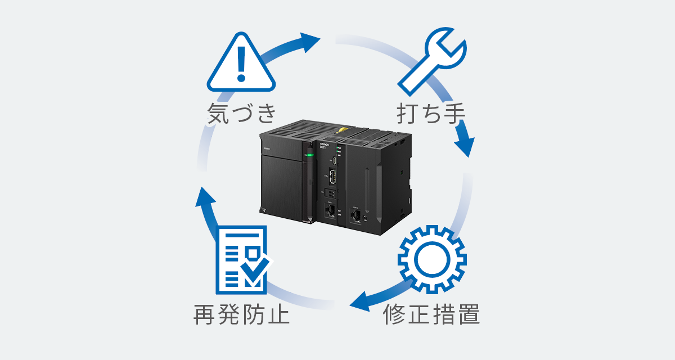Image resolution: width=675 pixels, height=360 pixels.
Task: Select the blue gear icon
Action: pos(431,259)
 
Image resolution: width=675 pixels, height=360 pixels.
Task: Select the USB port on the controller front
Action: pos(331,178)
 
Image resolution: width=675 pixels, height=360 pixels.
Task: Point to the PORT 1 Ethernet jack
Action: pos(331,212)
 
